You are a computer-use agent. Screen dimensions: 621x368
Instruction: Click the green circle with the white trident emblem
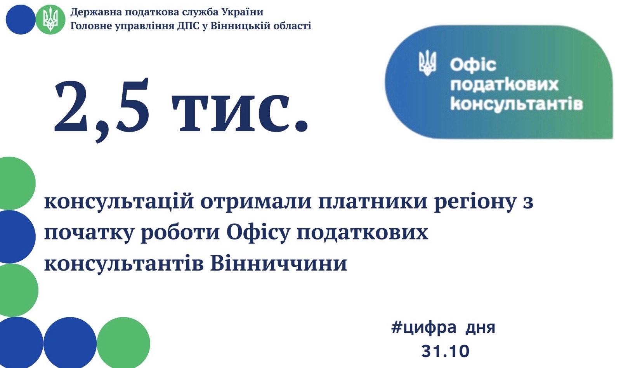(x=50, y=19)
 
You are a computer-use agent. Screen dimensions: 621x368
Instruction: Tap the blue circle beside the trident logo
(x=21, y=19)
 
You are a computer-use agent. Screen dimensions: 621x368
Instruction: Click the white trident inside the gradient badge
(x=427, y=62)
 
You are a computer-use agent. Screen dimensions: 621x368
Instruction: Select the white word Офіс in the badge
(x=473, y=65)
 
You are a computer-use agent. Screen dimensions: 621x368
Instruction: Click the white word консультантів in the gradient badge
(x=517, y=104)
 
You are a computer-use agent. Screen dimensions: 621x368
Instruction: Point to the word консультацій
(x=119, y=202)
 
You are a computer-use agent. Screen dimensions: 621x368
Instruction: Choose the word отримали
(x=256, y=202)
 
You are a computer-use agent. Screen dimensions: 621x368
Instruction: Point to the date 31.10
(x=445, y=351)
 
